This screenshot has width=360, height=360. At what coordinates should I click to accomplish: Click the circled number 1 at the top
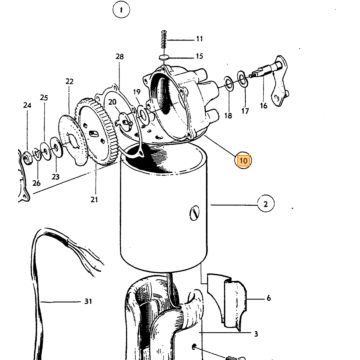(121, 11)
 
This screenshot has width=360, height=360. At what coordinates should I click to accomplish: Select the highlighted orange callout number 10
(243, 161)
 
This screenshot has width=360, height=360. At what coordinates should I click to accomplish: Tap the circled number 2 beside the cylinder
(266, 204)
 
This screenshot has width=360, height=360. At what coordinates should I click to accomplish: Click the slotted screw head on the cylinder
(195, 213)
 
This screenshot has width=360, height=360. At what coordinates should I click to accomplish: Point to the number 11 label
(199, 39)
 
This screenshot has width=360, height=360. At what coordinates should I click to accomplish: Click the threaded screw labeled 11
(164, 40)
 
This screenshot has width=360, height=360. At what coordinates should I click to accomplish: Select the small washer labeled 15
(164, 58)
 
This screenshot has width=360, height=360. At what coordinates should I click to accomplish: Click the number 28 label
(120, 57)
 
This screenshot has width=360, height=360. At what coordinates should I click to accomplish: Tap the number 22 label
(69, 81)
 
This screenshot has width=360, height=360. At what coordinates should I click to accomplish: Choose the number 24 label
(27, 105)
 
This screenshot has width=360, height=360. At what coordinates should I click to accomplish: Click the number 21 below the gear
(94, 200)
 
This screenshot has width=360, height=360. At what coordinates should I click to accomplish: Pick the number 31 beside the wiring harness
(88, 302)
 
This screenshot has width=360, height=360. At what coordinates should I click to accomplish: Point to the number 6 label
(269, 298)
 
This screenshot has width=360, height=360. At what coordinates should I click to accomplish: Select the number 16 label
(264, 106)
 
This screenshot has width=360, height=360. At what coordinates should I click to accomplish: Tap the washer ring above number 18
(229, 83)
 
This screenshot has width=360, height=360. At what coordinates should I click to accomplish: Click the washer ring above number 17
(243, 79)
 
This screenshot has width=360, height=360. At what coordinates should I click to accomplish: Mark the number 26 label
(37, 183)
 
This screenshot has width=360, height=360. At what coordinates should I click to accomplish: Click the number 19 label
(137, 92)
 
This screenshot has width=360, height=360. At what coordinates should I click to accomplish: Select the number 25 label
(44, 98)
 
